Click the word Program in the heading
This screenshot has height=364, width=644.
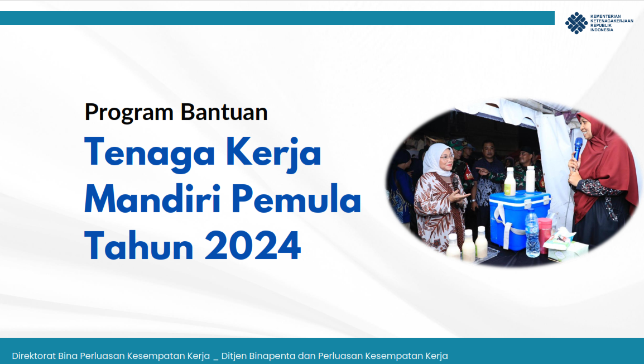pos(129,113)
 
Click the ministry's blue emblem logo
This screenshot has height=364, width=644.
pos(576,23)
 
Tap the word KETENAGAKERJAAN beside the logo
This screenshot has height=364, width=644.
pos(612,21)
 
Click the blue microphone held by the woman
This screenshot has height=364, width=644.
pos(578,147)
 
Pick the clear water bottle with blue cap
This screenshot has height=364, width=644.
pos(532,235)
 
